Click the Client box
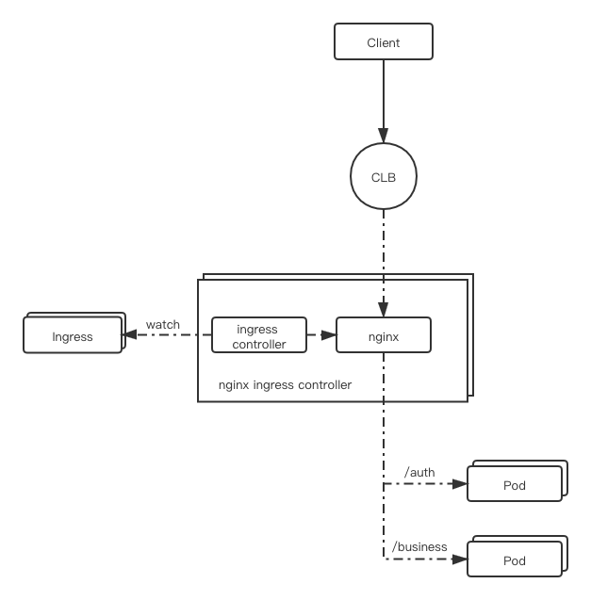tap(384, 41)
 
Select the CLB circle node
tap(384, 176)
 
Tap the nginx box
tap(384, 334)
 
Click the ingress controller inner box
tap(259, 334)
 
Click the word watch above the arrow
tap(163, 324)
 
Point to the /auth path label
tap(419, 472)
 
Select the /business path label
tap(419, 547)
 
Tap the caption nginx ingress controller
tap(285, 385)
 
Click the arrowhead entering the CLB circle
tap(384, 136)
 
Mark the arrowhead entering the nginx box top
tap(384, 310)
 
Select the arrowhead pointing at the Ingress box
tap(129, 334)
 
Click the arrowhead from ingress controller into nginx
tap(329, 335)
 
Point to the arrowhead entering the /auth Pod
tap(460, 484)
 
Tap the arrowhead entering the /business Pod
tap(460, 559)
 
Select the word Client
tap(384, 42)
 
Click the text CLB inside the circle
tap(384, 177)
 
